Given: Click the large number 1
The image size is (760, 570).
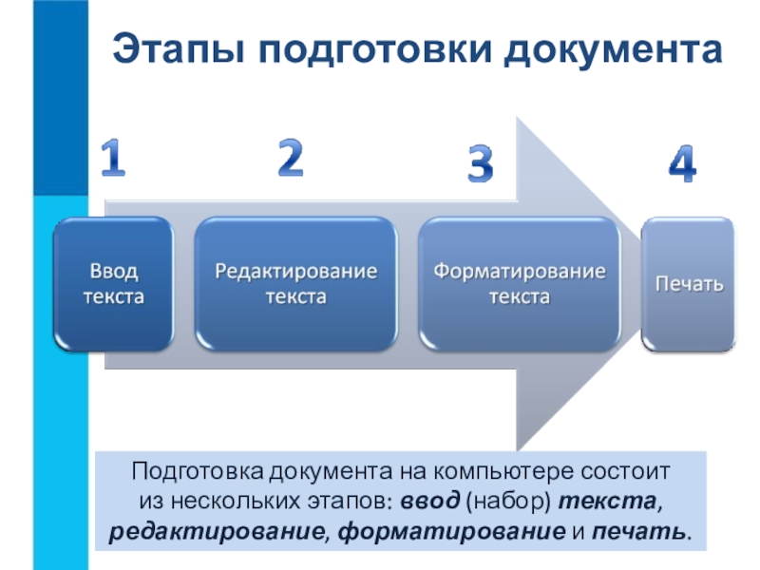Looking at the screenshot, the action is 113,160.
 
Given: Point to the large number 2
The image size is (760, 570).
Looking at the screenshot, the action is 290,158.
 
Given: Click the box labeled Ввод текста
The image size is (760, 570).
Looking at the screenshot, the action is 114,284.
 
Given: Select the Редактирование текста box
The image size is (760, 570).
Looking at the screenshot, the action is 295,284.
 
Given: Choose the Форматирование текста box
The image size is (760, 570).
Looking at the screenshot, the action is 519,284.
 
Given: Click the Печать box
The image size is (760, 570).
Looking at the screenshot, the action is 689,284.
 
